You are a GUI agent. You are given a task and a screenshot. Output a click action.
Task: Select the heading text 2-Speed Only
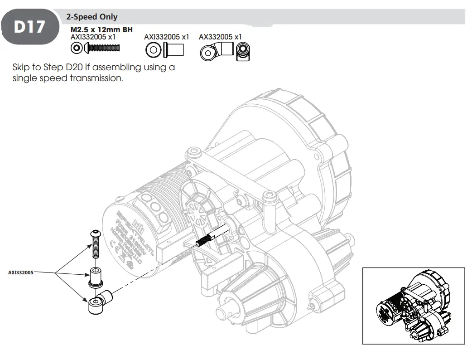pyautogui.click(x=92, y=17)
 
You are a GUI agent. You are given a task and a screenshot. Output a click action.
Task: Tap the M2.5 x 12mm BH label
pyautogui.click(x=101, y=30)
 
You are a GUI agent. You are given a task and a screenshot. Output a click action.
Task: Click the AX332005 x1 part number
pyautogui.click(x=220, y=37)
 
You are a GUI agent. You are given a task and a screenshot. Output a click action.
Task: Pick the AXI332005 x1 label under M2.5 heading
pyautogui.click(x=94, y=37)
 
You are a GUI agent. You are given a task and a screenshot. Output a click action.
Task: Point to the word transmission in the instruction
pyautogui.click(x=98, y=78)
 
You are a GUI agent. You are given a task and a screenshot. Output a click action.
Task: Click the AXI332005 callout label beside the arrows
pyautogui.click(x=20, y=273)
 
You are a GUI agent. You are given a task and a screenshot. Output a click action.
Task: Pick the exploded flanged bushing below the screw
pyautogui.click(x=95, y=277)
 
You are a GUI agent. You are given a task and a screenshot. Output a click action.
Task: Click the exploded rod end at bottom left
pyautogui.click(x=98, y=302)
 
